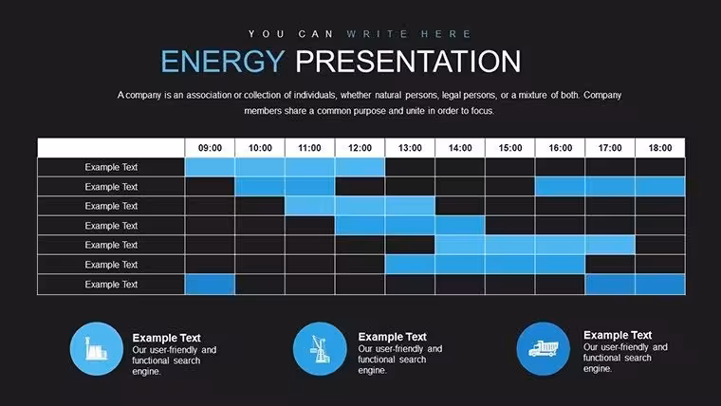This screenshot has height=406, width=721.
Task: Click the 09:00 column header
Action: pos(210,148)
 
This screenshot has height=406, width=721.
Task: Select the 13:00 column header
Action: pos(410,148)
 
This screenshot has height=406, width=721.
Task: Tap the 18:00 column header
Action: pos(660,148)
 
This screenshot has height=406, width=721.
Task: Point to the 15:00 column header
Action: pos(510,148)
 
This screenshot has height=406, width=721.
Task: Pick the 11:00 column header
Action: pos(309,148)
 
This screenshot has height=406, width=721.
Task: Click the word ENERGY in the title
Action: pos(223,62)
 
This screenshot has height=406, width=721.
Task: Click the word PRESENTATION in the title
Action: pos(408,62)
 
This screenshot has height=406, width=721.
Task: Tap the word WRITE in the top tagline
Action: pos(377,34)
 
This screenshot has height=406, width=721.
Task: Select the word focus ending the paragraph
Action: pos(483,111)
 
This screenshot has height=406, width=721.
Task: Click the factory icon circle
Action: pos(97,348)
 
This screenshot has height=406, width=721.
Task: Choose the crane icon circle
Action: pos(320,348)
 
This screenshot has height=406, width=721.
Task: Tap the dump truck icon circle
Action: pos(543,348)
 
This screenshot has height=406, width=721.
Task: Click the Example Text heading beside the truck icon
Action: pos(618,335)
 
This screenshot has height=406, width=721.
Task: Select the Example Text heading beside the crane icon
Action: pos(392,337)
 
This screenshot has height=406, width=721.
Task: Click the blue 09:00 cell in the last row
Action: pos(210,285)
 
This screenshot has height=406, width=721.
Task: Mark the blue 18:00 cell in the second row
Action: pos(660,187)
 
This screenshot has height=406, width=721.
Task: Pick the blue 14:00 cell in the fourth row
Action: pos(460,226)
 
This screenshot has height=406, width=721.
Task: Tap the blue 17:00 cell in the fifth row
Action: pos(610,245)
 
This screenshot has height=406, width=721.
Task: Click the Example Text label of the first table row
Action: pos(111,167)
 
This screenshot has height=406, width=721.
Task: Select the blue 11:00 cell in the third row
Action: pos(310,206)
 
